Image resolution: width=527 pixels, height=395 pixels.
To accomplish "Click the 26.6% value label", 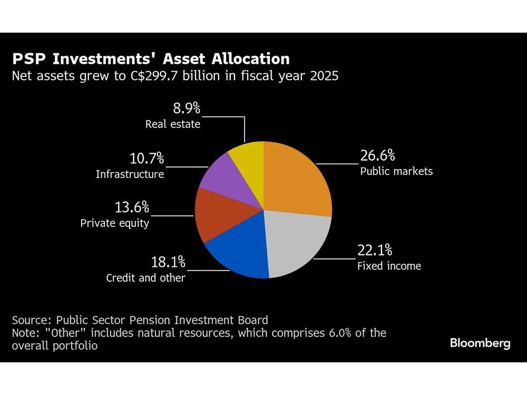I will pos(377,156).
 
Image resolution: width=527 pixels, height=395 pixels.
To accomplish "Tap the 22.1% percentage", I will pos(375,250).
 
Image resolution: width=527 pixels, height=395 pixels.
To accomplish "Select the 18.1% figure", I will pos(168,262).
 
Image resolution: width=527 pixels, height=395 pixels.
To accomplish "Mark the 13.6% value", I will pos(132,207).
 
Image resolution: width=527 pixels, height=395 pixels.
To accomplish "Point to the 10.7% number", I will pos(147,158).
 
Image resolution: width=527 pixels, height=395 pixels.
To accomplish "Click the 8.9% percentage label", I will pos(187,108).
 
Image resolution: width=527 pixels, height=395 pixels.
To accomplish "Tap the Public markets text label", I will pos(396,171).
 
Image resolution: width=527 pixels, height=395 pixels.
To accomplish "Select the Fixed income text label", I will pos(389,266).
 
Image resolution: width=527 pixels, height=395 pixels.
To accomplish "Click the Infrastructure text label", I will pos(130,174).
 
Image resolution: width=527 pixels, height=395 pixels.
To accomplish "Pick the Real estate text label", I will pos(173,125).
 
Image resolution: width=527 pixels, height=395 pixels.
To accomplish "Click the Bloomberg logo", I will pos(480,343).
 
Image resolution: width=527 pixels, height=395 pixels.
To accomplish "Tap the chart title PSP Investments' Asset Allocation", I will pos(151,58).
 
